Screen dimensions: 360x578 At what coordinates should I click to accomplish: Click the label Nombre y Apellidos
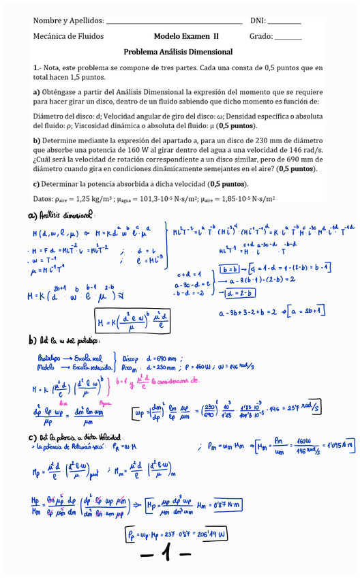(68, 21)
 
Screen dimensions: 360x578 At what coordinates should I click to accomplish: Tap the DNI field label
(258, 21)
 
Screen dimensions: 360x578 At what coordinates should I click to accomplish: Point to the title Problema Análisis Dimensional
(178, 52)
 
